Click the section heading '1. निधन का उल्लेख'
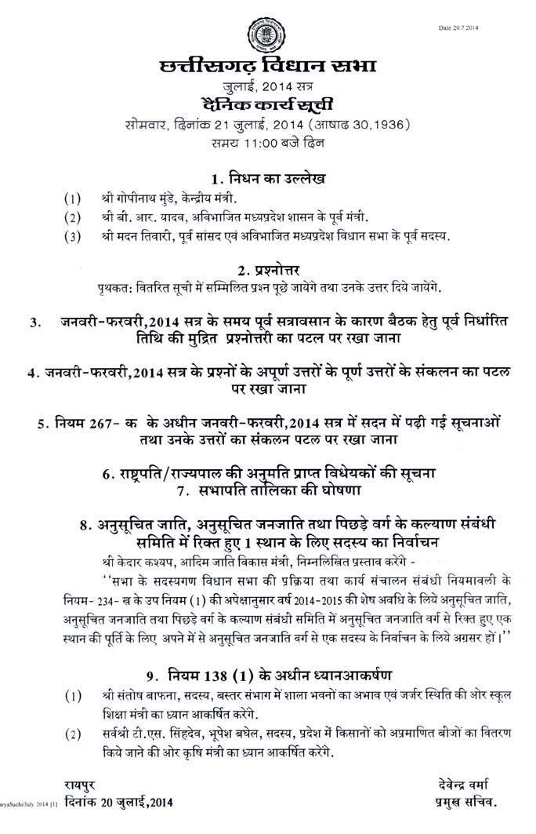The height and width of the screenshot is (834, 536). click(x=267, y=176)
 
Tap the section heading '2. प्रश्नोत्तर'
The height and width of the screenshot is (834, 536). click(x=267, y=269)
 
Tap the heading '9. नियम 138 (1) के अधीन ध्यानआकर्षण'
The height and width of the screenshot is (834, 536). click(x=268, y=674)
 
